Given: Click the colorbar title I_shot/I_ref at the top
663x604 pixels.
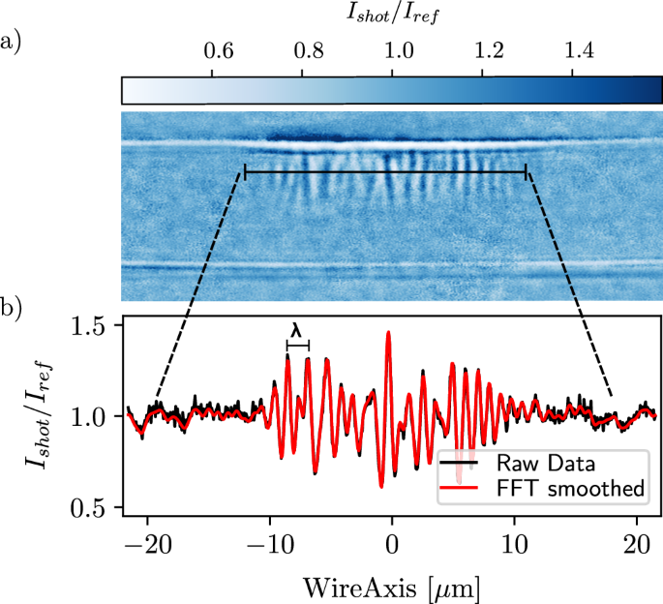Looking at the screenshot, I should click(393, 16).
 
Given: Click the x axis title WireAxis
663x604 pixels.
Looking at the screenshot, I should click(391, 585).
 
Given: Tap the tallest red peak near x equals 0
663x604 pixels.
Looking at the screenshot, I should click(388, 332).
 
